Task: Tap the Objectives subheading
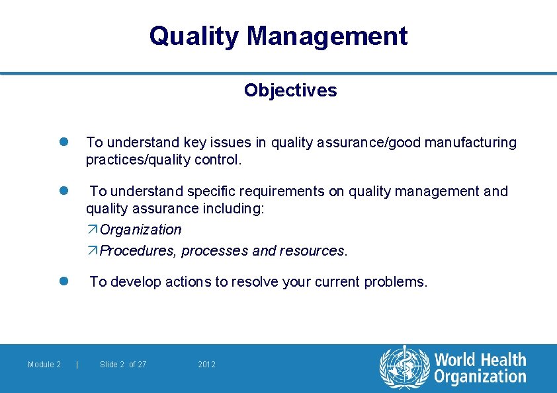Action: (290, 90)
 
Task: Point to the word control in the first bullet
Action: (218, 160)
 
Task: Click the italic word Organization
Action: (140, 230)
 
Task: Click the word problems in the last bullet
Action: (398, 282)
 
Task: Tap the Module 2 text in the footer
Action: (44, 365)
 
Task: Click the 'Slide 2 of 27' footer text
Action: (123, 365)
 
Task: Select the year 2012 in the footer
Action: (206, 365)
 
